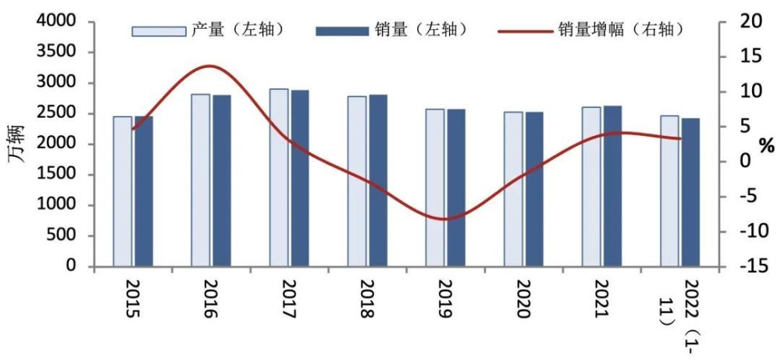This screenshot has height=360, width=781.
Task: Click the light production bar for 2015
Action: (x=123, y=191)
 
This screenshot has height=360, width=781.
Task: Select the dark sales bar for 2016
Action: (x=222, y=180)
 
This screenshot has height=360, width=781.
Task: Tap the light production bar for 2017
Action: (x=279, y=177)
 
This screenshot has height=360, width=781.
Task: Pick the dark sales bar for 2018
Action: (x=378, y=180)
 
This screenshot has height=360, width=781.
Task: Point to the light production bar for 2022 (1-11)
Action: (x=669, y=191)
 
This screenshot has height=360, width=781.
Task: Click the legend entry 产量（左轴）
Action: (x=207, y=30)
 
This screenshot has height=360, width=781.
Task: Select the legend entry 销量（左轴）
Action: (x=390, y=30)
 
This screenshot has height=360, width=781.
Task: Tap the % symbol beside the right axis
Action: (x=766, y=145)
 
